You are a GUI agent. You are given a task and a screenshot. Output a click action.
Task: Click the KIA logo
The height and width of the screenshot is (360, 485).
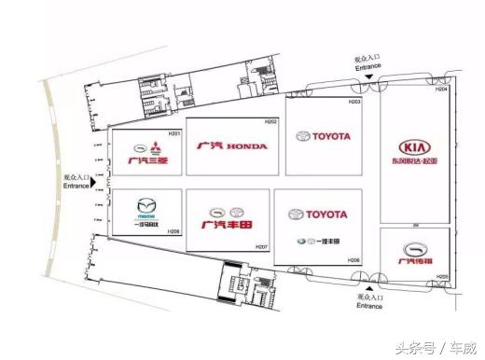click(415, 147)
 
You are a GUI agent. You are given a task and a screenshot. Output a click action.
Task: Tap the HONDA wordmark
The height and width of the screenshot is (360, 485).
click(246, 146)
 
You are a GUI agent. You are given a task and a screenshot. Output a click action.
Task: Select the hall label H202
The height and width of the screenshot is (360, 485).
click(270, 122)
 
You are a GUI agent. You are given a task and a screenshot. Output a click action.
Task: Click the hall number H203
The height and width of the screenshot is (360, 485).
click(354, 101)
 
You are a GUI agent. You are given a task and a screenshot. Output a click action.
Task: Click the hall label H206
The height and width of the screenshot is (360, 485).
click(353, 259)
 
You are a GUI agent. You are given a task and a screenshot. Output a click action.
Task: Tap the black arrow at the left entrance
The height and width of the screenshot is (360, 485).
click(93, 182)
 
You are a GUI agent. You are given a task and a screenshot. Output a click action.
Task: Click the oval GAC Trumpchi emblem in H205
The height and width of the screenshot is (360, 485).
click(414, 248)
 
